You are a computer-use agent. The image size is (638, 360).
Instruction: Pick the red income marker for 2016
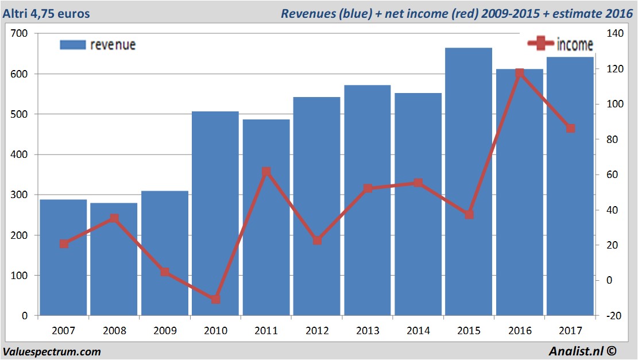click(x=520, y=73)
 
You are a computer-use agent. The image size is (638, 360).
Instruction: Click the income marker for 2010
click(x=215, y=299)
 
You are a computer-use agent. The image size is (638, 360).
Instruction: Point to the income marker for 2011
click(x=266, y=172)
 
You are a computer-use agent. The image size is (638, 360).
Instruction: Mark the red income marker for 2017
click(x=570, y=128)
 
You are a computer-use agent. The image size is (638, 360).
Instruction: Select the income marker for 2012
click(x=317, y=241)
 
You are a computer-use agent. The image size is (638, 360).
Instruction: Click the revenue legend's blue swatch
click(x=72, y=45)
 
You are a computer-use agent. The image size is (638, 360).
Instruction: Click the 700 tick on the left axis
click(x=20, y=34)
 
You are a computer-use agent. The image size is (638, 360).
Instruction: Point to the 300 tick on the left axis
click(x=20, y=195)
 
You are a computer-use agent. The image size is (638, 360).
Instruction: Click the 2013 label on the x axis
click(x=368, y=331)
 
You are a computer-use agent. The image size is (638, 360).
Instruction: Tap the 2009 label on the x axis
click(x=165, y=331)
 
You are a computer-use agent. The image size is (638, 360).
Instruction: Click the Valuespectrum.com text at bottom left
click(x=52, y=351)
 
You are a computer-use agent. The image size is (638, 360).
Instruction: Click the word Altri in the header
click(x=16, y=13)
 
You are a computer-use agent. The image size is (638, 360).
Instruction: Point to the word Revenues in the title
click(x=305, y=13)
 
